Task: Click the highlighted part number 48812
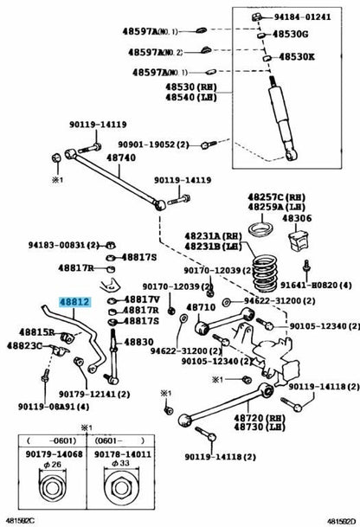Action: coord(74,301)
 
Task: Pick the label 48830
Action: coord(139,341)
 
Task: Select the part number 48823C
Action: coord(24,345)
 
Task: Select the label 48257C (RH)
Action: coord(274,198)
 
